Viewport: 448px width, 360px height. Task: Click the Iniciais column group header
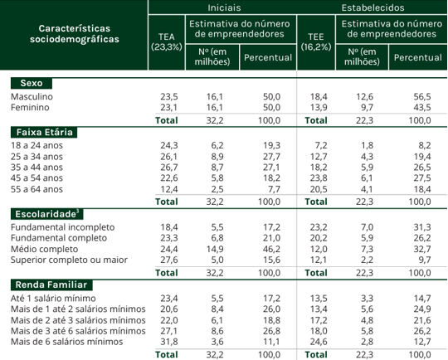point(224,7)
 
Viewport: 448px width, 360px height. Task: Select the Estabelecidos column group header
point(373,7)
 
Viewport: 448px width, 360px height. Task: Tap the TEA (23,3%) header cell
point(167,41)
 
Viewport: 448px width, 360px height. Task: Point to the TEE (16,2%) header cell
point(316,41)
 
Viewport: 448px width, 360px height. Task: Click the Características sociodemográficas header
point(75,34)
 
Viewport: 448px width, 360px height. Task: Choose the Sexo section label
point(32,83)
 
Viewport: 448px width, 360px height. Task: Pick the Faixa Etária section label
point(44,132)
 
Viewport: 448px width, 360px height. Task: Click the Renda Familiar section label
point(51,285)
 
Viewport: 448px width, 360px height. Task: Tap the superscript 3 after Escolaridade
point(77,212)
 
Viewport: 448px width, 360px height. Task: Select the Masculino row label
point(32,96)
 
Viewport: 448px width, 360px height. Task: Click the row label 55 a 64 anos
point(37,189)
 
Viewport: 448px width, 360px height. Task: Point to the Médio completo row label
point(44,249)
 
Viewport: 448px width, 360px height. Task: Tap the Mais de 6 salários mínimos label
point(67,342)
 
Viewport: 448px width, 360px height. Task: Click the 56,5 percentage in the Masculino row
point(422,96)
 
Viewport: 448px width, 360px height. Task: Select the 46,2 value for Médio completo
point(272,249)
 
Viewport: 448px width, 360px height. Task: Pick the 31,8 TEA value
point(169,342)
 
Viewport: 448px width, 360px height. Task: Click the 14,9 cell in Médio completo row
point(215,249)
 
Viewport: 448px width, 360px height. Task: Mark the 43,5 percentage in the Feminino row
point(422,108)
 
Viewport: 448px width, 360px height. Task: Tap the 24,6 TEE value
point(319,342)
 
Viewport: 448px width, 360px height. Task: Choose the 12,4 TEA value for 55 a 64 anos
point(169,189)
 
